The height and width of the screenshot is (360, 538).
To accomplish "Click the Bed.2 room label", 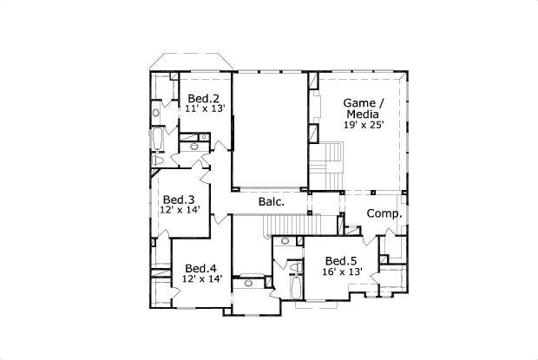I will [204, 98].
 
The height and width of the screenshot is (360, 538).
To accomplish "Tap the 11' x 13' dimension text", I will [204, 109].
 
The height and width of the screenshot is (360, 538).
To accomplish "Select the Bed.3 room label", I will [178, 199].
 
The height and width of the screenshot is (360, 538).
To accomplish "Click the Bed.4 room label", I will [201, 267].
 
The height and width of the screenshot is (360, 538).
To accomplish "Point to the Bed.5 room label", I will [341, 260].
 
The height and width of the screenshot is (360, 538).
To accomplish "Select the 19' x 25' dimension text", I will [364, 125].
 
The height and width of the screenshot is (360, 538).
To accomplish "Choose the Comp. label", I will [383, 213].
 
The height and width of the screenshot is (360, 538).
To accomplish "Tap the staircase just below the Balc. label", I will [283, 226].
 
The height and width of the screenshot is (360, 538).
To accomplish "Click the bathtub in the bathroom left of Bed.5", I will [294, 287].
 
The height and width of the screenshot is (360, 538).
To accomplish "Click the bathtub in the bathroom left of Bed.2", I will [157, 141].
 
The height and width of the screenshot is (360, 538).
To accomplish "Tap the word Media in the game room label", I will [363, 114].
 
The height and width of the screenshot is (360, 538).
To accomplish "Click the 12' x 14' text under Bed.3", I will [180, 210].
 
